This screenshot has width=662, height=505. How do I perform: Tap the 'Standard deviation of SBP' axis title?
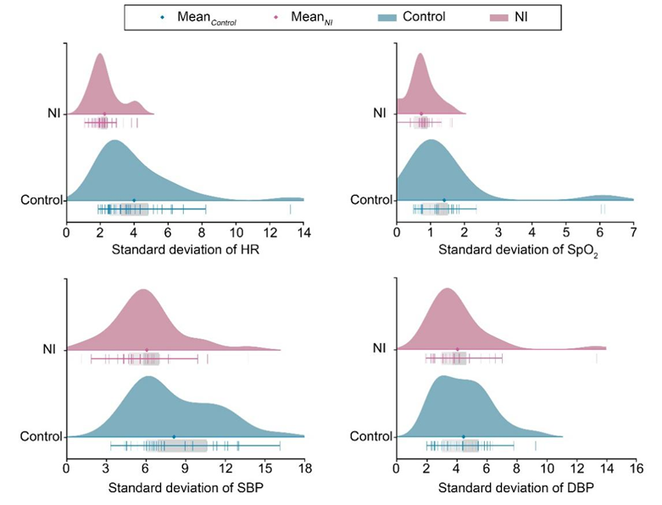[x=185, y=490]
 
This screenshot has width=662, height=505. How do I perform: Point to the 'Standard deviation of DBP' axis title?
[x=515, y=490]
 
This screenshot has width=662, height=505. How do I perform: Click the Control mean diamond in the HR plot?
[x=134, y=201]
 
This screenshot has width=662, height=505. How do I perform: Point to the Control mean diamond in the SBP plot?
[x=174, y=437]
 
